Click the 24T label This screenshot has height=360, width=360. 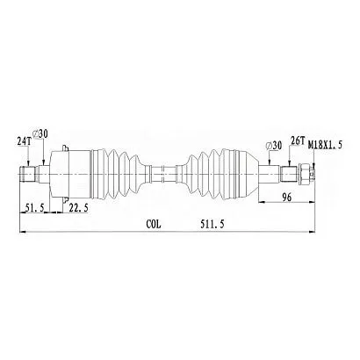pyautogui.click(x=24, y=141)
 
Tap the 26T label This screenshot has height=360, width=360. pyautogui.click(x=297, y=140)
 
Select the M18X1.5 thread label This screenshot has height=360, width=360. pyautogui.click(x=325, y=145)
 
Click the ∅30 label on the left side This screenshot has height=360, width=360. pyautogui.click(x=40, y=133)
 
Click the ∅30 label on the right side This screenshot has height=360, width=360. pyautogui.click(x=273, y=145)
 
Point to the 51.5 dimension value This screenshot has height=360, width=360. pyautogui.click(x=34, y=208)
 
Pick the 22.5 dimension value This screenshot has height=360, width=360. pyautogui.click(x=78, y=208)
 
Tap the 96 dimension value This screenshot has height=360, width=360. pyautogui.click(x=287, y=197)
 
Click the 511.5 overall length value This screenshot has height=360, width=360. pyautogui.click(x=212, y=224)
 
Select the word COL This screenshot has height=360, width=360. pyautogui.click(x=154, y=224)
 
